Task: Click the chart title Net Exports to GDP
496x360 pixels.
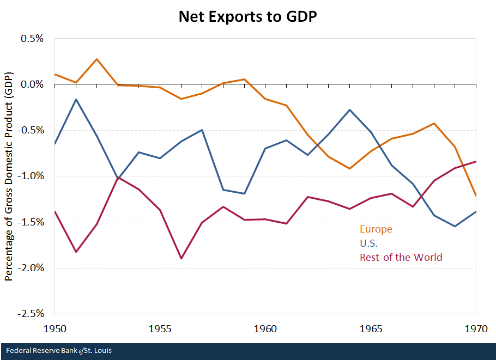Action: pyautogui.click(x=248, y=16)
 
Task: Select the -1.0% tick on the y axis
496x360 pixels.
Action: pyautogui.click(x=32, y=176)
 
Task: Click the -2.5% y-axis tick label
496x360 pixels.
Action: pyautogui.click(x=32, y=314)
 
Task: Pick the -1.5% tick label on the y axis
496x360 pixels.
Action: pyautogui.click(x=32, y=222)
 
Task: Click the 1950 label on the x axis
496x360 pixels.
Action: pyautogui.click(x=55, y=329)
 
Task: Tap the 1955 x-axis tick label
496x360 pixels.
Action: pyautogui.click(x=160, y=329)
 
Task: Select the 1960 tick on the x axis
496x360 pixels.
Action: pyautogui.click(x=265, y=329)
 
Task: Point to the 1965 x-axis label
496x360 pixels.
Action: pyautogui.click(x=371, y=329)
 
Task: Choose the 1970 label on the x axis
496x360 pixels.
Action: pyautogui.click(x=475, y=329)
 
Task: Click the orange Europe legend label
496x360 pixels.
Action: pyautogui.click(x=376, y=229)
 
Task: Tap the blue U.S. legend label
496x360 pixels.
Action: pyautogui.click(x=368, y=243)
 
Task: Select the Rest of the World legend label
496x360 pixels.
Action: pyautogui.click(x=401, y=257)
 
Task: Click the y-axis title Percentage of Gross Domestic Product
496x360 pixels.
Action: pyautogui.click(x=9, y=176)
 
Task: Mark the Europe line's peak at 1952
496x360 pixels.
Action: pyautogui.click(x=96, y=59)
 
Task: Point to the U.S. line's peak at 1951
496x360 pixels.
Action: pyautogui.click(x=76, y=99)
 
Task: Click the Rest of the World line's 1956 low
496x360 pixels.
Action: pyautogui.click(x=180, y=258)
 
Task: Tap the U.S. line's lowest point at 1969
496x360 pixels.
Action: pyautogui.click(x=455, y=226)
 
